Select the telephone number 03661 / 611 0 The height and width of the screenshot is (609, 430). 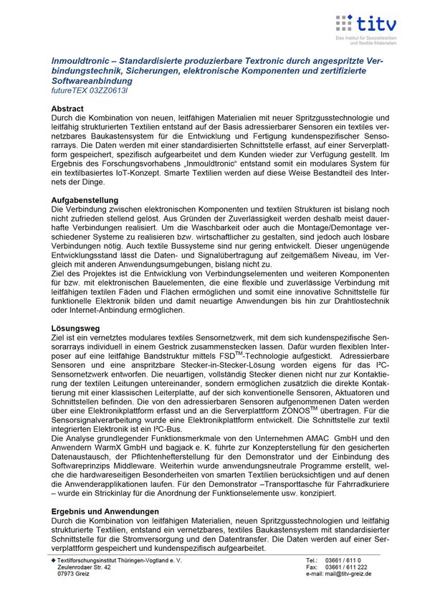343,560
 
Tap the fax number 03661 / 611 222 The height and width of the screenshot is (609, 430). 346,567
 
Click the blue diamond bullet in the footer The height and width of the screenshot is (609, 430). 53,560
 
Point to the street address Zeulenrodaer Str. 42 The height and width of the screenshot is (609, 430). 84,567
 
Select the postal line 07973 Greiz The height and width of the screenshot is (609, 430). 74,575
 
